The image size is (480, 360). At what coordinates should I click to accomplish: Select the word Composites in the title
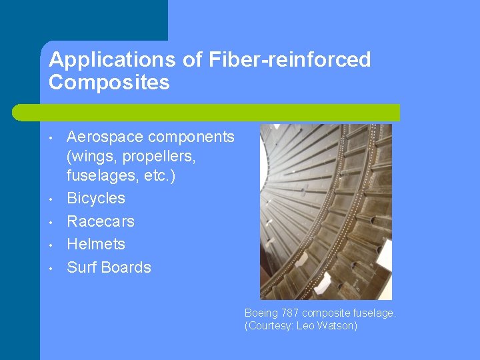[x=109, y=83]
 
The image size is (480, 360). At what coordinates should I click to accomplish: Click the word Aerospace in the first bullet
[x=105, y=137]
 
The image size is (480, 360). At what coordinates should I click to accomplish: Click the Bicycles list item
[x=96, y=198]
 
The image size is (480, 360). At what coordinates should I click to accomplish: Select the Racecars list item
[x=101, y=221]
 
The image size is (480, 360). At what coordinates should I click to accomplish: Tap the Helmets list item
[x=96, y=244]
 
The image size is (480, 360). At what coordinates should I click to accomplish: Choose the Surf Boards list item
[x=109, y=267]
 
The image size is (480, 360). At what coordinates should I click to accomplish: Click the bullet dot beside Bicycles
[x=51, y=199]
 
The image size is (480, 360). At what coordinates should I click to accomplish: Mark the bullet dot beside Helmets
[x=51, y=245]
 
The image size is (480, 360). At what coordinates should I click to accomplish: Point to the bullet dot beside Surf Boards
[x=51, y=269]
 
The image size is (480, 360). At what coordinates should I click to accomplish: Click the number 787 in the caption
[x=290, y=312]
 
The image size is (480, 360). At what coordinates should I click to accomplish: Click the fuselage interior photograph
[x=325, y=212]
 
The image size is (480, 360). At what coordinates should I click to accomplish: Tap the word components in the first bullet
[x=191, y=137]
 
